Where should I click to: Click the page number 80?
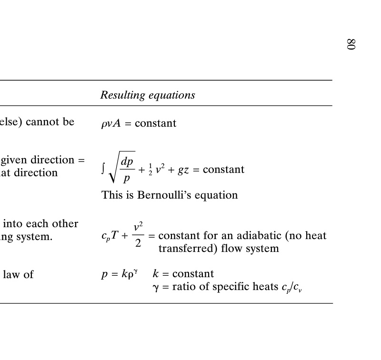(x=351, y=44)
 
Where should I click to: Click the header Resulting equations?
(x=148, y=95)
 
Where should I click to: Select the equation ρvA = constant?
(x=139, y=123)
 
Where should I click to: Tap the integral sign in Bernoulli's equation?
(x=103, y=169)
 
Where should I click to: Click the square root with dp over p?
(x=121, y=170)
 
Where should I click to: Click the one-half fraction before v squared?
(x=150, y=170)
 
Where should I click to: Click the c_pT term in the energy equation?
(x=110, y=236)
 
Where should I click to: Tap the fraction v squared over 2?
(x=138, y=236)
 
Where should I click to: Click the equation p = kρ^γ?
(x=120, y=274)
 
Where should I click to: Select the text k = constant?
(x=183, y=274)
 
